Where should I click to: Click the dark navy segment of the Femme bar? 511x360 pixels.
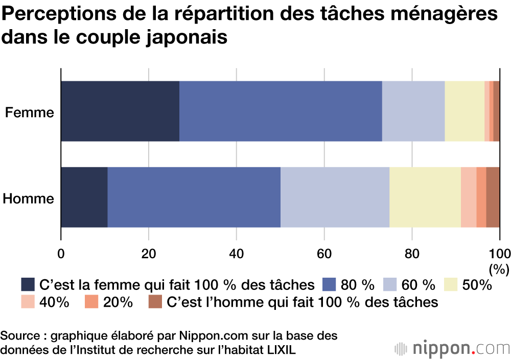coord(120,111)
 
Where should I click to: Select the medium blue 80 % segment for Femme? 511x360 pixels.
coord(281,111)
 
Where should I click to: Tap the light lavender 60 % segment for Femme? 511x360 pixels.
coord(413,111)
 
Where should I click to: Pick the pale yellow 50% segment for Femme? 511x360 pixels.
coord(464,111)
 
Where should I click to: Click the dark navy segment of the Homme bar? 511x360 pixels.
coord(84,197)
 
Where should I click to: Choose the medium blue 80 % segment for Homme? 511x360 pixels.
coord(194,197)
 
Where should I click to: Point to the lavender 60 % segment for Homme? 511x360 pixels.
coord(335,197)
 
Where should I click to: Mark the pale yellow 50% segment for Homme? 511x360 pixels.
coord(425,197)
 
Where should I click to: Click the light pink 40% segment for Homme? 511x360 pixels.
coord(469,197)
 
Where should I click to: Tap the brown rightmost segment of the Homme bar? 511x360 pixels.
coord(493,197)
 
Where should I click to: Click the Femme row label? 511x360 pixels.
coord(30,112)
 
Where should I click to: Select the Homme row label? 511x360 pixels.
coord(29,198)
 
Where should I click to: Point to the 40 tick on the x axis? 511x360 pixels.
coord(236,253)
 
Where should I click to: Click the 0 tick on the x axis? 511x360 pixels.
coord(61,253)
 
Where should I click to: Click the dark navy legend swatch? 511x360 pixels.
coord(28,284)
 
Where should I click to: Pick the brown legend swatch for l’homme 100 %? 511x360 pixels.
coord(155,302)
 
